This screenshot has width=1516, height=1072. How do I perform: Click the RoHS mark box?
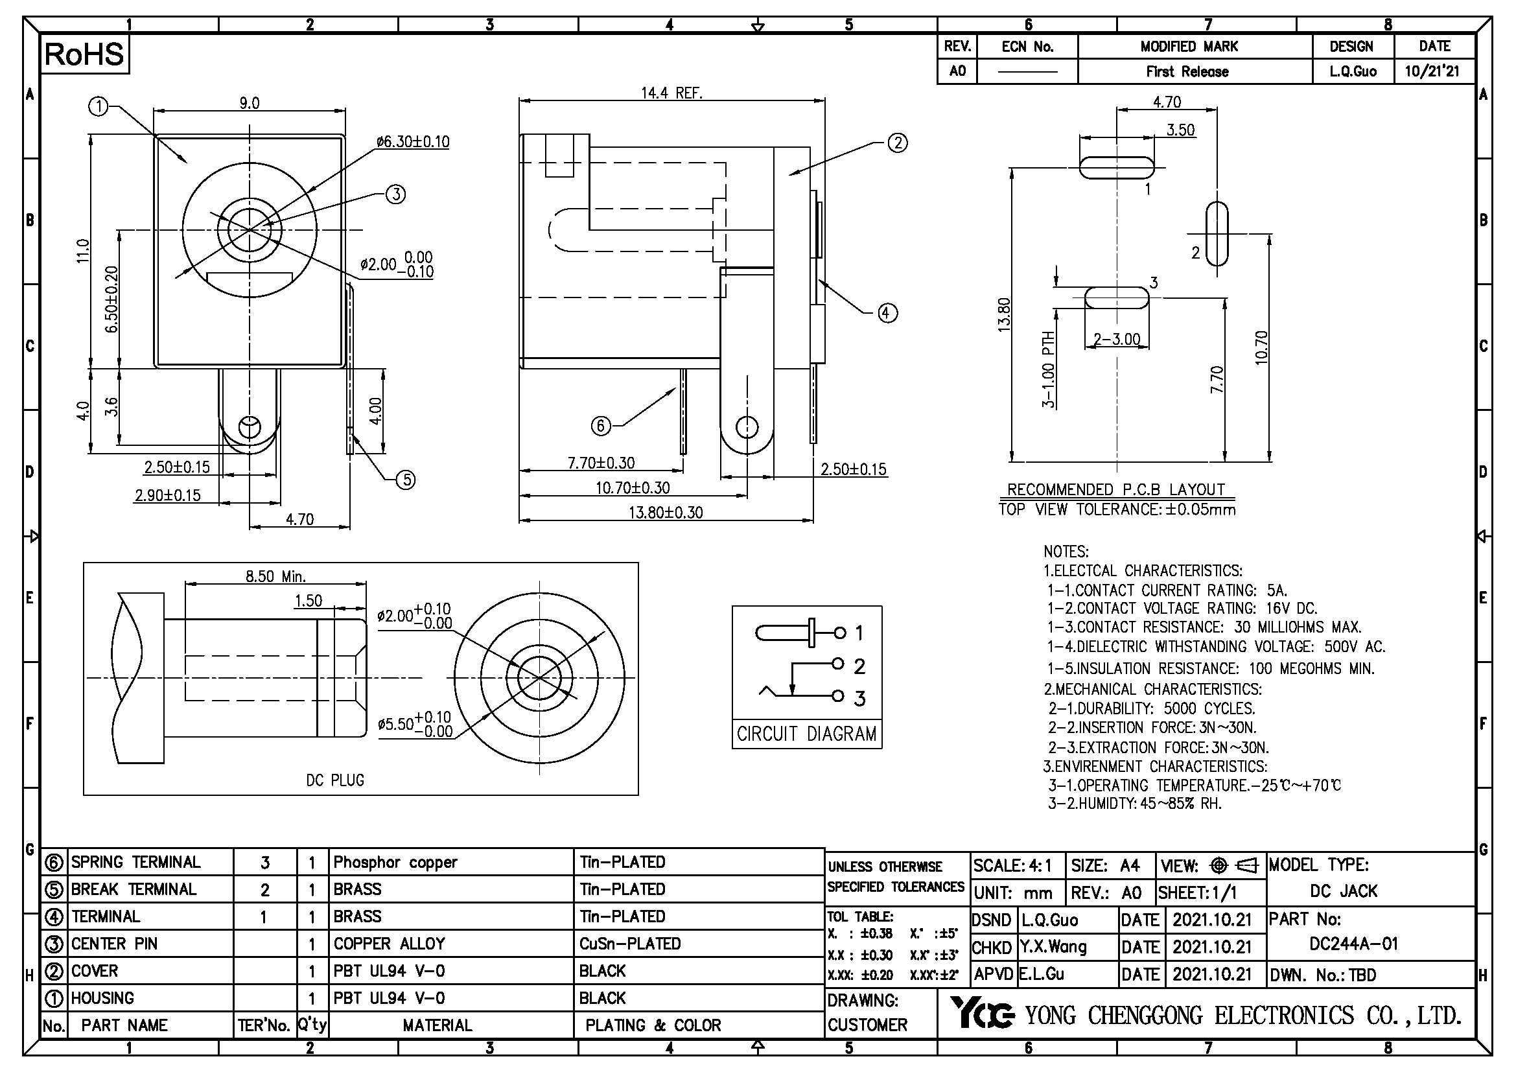(84, 54)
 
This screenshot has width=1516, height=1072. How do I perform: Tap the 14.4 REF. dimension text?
(671, 93)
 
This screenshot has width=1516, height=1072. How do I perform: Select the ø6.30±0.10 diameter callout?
(413, 141)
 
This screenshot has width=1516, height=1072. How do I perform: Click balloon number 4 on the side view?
(887, 313)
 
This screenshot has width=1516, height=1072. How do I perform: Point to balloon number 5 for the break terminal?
(405, 480)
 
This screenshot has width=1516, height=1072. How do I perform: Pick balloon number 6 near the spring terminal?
(600, 426)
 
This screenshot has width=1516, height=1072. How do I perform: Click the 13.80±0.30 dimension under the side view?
(665, 512)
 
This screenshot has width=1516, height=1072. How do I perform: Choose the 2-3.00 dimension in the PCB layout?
(1117, 339)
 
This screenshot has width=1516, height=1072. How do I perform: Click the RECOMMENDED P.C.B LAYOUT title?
(1116, 489)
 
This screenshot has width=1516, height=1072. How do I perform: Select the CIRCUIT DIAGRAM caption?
(806, 734)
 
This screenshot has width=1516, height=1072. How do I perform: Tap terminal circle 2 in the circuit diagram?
(838, 664)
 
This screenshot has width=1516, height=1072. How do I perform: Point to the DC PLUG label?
(334, 780)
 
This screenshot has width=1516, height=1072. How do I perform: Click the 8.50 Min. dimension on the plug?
(275, 576)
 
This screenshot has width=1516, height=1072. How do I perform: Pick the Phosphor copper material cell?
(395, 862)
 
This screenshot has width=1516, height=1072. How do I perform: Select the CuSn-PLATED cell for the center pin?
(629, 944)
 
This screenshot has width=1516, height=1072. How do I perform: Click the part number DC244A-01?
(1353, 944)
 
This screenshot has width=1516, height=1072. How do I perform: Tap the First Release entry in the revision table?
(1187, 71)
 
